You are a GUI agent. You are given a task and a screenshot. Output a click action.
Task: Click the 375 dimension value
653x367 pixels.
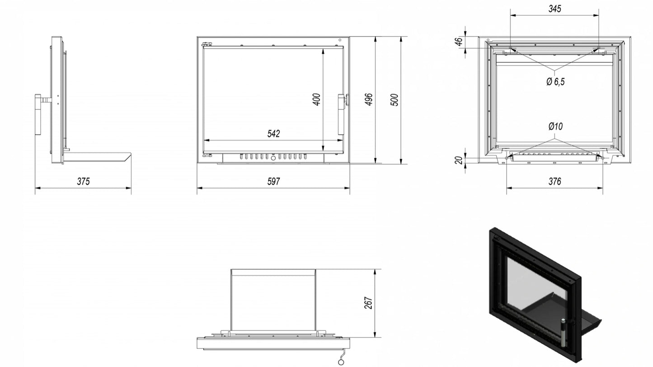coord(83,181)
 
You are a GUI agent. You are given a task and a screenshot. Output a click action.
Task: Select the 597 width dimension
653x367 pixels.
coord(273,181)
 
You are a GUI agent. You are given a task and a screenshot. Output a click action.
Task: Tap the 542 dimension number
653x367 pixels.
coord(273,133)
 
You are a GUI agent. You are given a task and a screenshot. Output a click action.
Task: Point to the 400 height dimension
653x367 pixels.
coord(316,99)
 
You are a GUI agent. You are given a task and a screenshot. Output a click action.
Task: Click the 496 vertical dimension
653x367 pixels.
coord(369,99)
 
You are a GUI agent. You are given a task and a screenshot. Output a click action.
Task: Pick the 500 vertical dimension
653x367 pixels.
coord(394,100)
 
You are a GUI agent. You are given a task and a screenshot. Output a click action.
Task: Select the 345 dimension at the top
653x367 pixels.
coord(554,9)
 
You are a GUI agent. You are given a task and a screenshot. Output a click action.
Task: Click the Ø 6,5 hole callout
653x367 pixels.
coord(556,82)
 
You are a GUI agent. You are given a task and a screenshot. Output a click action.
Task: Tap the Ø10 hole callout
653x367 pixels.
coord(555,126)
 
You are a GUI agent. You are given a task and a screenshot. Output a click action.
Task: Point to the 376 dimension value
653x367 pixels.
coord(554,181)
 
